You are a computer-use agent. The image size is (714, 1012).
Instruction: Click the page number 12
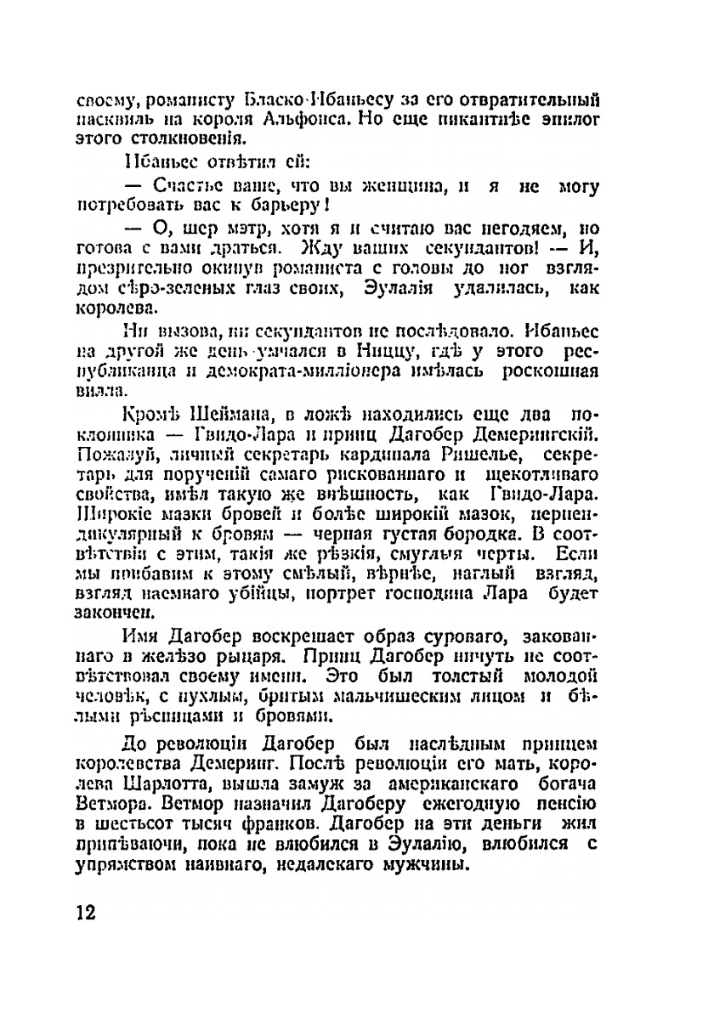pyautogui.click(x=85, y=912)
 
